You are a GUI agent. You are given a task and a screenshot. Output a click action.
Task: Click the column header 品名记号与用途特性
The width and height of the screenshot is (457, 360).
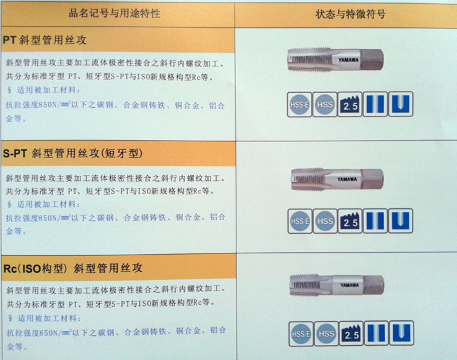[x=114, y=14]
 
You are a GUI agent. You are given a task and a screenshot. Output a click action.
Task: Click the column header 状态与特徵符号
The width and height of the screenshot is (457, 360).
[x=350, y=14]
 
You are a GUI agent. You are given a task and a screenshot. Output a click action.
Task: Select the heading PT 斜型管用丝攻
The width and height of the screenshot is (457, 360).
[x=45, y=40]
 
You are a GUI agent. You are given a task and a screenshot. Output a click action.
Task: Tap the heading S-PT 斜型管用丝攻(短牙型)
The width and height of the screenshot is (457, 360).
[x=73, y=153]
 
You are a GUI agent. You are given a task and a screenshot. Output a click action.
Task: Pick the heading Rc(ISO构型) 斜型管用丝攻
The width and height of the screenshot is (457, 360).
[x=73, y=268]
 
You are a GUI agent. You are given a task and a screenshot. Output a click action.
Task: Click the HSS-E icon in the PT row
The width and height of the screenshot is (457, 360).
[x=299, y=105]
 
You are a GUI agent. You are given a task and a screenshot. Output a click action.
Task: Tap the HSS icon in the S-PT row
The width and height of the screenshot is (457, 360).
[x=325, y=221]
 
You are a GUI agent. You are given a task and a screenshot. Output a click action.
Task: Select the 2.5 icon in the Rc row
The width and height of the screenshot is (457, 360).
[x=351, y=333]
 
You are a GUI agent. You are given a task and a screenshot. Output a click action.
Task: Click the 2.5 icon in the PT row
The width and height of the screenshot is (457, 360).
[x=350, y=105]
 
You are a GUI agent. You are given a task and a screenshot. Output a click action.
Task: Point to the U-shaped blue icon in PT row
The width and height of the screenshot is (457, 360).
[x=401, y=104]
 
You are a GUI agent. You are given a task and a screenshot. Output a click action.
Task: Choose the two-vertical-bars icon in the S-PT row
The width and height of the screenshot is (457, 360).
[x=375, y=221]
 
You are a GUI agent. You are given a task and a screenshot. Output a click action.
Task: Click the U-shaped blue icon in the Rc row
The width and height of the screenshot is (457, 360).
[x=402, y=333]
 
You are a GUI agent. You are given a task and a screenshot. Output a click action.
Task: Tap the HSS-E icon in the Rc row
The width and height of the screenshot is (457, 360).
[x=301, y=334]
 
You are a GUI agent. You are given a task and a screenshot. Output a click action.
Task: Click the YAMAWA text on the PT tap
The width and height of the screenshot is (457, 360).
[x=349, y=60]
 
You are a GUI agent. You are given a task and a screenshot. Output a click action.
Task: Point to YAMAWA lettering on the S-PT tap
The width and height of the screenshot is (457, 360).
[x=347, y=179]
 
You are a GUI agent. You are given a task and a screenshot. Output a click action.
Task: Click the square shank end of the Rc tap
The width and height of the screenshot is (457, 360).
[x=373, y=285]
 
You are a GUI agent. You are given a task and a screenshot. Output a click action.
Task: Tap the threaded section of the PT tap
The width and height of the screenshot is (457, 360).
[x=310, y=60]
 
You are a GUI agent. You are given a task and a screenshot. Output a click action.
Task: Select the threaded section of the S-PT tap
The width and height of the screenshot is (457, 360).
[x=308, y=179]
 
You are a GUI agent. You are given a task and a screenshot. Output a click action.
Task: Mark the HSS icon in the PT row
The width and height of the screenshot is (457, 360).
[x=324, y=105]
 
